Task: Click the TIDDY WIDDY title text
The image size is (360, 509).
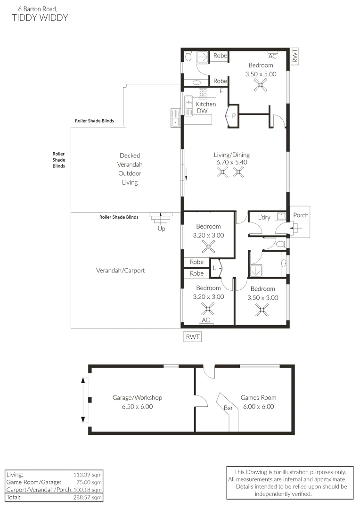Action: [40, 17]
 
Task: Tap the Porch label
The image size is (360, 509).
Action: [301, 215]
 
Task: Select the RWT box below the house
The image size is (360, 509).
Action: [193, 337]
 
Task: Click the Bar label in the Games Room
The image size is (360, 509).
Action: [228, 408]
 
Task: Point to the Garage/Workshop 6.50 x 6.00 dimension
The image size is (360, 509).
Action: [137, 406]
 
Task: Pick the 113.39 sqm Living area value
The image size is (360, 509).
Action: [87, 475]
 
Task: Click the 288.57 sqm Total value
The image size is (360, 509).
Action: [87, 497]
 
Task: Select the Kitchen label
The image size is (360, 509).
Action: [205, 104]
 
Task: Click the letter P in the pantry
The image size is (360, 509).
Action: [233, 115]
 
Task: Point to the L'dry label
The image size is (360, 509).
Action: [264, 217]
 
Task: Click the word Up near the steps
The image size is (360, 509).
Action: [161, 229]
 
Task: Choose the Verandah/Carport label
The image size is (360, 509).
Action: [121, 271]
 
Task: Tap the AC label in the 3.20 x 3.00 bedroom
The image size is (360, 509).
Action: [206, 320]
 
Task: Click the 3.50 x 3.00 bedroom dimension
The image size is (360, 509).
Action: [262, 298]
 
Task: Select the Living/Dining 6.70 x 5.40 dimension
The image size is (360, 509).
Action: [232, 162]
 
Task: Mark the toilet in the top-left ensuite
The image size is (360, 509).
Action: [188, 57]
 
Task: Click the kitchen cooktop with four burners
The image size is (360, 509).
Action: [203, 92]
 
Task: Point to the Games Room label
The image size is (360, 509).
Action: [258, 397]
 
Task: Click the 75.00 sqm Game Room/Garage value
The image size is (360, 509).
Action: [89, 482]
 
